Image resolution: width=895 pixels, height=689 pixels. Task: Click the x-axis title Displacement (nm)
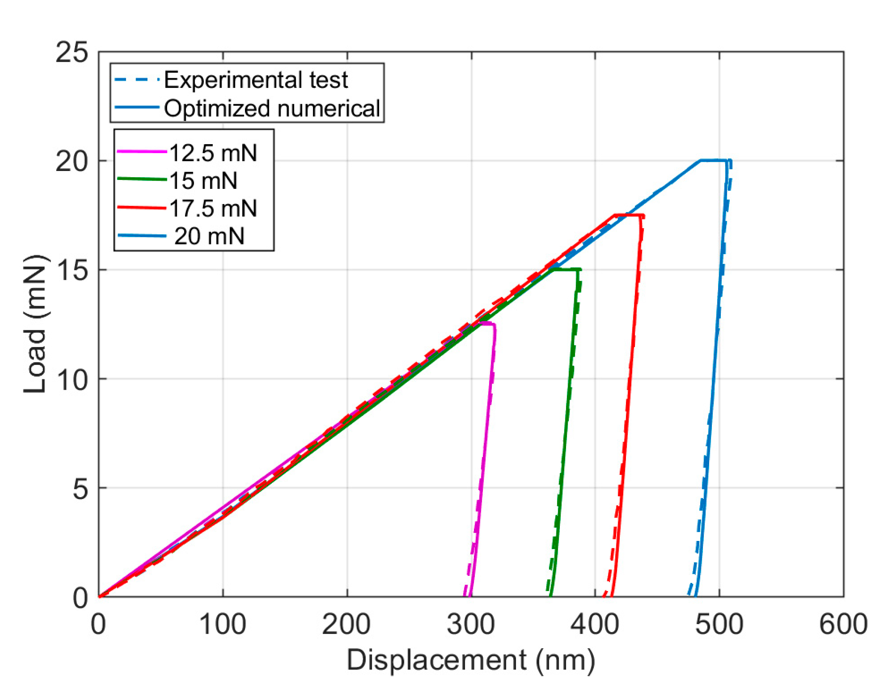pyautogui.click(x=471, y=660)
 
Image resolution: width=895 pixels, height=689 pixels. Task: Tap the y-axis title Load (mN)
pyautogui.click(x=35, y=324)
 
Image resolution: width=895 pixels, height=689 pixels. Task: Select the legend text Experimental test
pyautogui.click(x=256, y=80)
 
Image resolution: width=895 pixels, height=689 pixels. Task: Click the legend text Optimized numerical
pyautogui.click(x=272, y=108)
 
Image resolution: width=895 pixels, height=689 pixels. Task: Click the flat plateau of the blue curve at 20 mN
pyautogui.click(x=713, y=160)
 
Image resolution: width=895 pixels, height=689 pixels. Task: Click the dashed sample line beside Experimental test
pyautogui.click(x=137, y=79)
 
